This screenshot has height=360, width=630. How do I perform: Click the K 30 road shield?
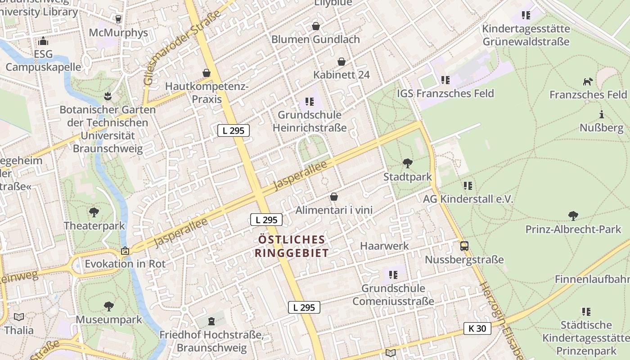click(x=477, y=328)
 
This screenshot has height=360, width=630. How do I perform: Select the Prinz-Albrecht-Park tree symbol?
click(x=573, y=216)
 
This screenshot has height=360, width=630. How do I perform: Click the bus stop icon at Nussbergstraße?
click(x=464, y=246)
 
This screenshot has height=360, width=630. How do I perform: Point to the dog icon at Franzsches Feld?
click(x=588, y=81)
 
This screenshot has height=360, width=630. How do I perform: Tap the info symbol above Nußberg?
click(x=601, y=114)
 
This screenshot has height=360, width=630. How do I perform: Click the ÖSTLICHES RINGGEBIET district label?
click(x=292, y=246)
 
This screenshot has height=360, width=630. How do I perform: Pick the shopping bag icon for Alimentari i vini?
click(x=334, y=197)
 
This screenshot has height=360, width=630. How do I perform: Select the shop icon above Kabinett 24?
click(x=342, y=62)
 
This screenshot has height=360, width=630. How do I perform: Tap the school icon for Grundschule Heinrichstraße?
click(x=309, y=102)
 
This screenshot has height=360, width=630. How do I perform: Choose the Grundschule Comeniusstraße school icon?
click(x=393, y=274)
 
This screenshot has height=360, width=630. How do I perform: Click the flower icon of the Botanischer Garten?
click(x=108, y=96)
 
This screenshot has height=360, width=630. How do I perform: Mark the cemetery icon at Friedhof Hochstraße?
click(x=211, y=321)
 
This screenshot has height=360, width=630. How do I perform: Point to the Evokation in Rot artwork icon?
click(x=125, y=251)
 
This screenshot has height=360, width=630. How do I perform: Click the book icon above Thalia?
click(x=19, y=317)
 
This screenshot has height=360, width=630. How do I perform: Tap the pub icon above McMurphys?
click(x=118, y=19)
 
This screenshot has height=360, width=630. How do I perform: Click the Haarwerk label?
click(x=385, y=246)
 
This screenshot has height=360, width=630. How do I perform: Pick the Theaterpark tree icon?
click(x=94, y=212)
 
